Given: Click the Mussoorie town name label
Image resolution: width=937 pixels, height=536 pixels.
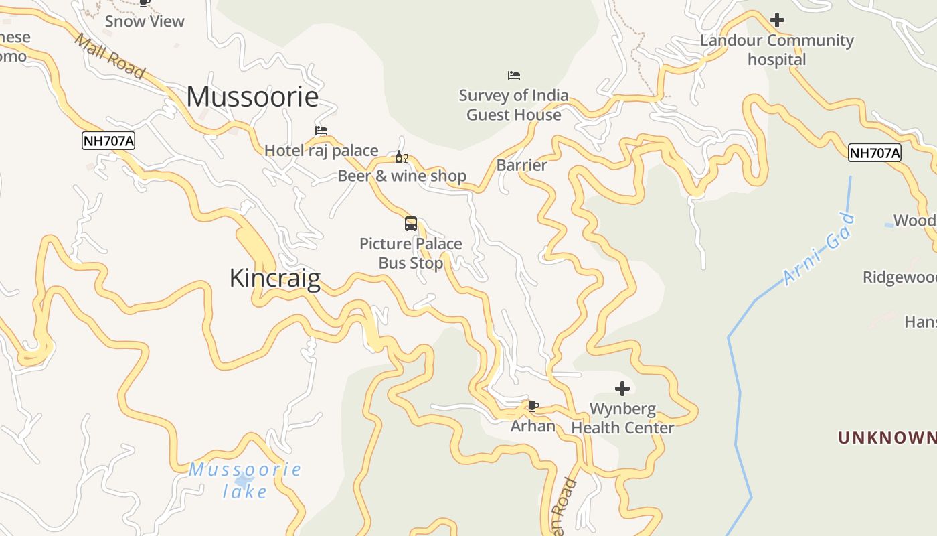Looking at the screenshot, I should coord(252,97).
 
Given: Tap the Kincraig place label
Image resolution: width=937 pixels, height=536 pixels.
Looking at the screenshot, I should coord(274,278).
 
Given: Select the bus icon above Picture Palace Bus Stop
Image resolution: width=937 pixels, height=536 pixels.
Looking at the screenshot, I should coord(411,224).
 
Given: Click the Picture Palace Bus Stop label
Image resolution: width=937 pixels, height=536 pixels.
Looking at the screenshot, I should coord(411,253).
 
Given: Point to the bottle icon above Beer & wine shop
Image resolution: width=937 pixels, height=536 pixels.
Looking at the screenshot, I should coord(401,157).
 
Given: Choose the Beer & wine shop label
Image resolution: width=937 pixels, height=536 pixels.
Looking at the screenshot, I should coord(402,176).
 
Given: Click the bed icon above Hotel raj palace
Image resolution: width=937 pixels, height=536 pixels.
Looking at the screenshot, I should coord(321,131).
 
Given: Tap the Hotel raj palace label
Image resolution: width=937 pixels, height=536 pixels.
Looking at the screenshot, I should coord(321,151).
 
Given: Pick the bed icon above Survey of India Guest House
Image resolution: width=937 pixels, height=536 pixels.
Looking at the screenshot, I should coord(514,75).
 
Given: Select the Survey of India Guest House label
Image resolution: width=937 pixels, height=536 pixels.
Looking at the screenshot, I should coord(514,105).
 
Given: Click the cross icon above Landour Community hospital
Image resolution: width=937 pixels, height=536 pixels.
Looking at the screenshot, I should coord(777,20).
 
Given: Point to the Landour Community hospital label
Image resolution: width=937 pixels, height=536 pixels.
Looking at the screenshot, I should coord(777,50).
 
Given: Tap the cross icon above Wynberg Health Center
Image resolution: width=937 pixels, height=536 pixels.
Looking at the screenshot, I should coord(622,388).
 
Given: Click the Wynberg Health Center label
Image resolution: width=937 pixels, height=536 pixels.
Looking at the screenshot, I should coord(622,418).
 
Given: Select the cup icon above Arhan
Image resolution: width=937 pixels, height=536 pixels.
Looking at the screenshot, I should coord(533,406).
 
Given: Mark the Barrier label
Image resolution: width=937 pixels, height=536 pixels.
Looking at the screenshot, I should coord(522,165).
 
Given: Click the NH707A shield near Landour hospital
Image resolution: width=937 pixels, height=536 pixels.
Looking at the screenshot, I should coord(875,153).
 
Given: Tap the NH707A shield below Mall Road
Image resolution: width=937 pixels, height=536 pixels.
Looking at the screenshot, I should coord(108,141).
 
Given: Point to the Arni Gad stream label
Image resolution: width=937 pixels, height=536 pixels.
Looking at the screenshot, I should coord(819,249).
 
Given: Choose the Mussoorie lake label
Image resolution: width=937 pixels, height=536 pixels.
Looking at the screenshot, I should coord(245,480).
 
